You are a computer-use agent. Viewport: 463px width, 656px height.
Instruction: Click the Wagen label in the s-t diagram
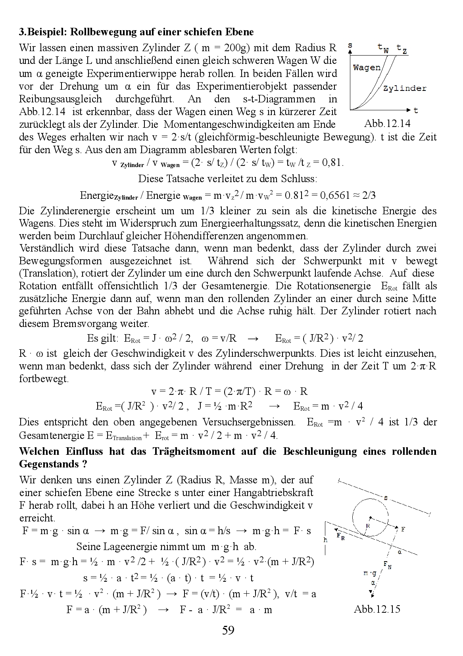[x=366, y=67]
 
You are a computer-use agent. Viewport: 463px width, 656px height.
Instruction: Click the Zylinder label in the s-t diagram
[x=405, y=88]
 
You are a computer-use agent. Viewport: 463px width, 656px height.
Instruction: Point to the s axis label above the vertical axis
[x=350, y=46]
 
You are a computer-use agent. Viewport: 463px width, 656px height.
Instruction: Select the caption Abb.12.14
[x=387, y=123]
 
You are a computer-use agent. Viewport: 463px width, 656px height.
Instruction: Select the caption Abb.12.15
[x=377, y=609]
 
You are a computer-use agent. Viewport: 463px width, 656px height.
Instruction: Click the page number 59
[x=229, y=630]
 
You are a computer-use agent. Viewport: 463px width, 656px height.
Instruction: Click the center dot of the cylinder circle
[x=370, y=517]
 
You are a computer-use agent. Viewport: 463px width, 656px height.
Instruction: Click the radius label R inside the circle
[x=368, y=525]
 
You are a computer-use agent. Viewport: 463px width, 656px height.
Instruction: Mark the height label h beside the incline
[x=326, y=540]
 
